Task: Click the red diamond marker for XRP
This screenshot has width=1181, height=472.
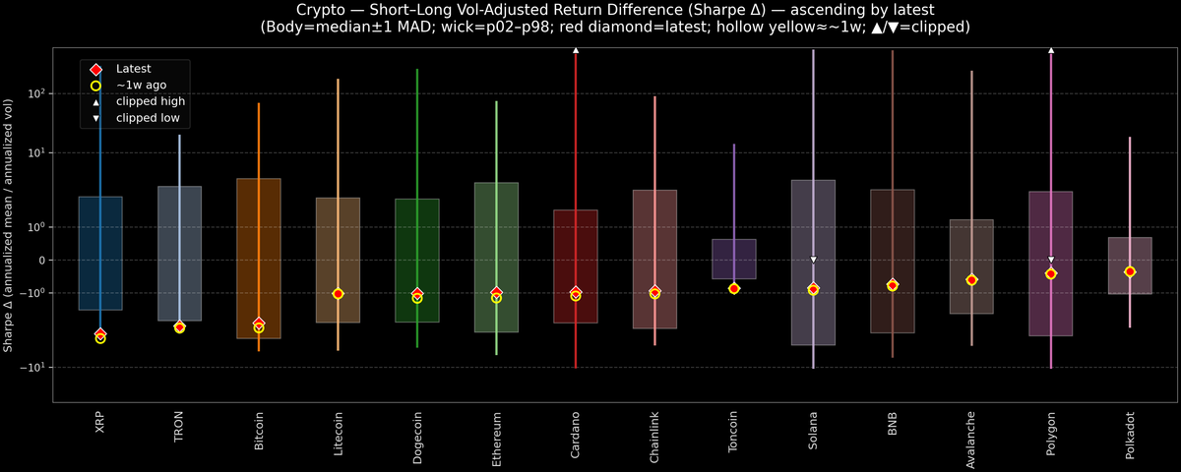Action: pyautogui.click(x=100, y=334)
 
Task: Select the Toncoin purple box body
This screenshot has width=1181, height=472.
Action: pyautogui.click(x=734, y=258)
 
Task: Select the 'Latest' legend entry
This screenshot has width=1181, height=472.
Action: pyautogui.click(x=133, y=69)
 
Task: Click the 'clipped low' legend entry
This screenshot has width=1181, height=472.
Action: pyautogui.click(x=147, y=118)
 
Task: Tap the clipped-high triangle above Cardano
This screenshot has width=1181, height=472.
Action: pyautogui.click(x=576, y=49)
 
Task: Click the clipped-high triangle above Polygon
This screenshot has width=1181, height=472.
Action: pyautogui.click(x=1051, y=49)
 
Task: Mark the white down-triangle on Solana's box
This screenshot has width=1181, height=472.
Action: pyautogui.click(x=814, y=260)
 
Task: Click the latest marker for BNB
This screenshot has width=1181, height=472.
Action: pyautogui.click(x=893, y=285)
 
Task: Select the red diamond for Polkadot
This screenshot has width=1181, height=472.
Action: pyautogui.click(x=1131, y=271)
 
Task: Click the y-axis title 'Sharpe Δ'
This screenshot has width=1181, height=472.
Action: pyautogui.click(x=9, y=225)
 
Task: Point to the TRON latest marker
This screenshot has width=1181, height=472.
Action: pyautogui.click(x=179, y=326)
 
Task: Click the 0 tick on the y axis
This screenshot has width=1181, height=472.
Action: pyautogui.click(x=44, y=261)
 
